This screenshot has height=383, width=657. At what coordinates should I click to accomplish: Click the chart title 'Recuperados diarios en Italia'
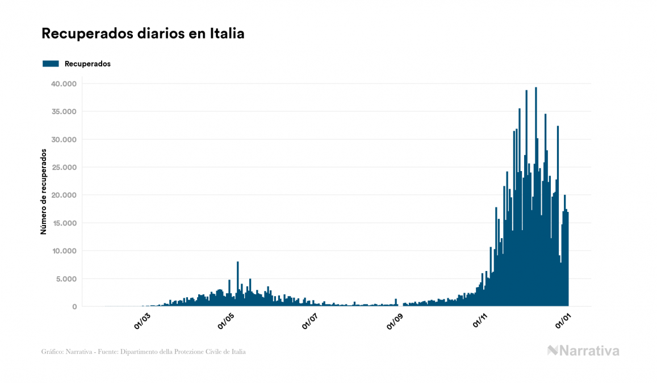143,34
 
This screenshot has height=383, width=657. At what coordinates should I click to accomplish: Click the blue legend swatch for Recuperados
51,64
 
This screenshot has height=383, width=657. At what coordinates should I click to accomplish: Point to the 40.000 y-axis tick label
64,84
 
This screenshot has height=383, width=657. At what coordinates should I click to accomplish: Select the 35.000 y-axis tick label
64,112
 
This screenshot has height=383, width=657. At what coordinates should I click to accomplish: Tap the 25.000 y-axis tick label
64,168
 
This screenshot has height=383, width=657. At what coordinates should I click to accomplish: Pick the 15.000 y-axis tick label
64,223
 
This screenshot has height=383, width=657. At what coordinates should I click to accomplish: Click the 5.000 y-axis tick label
66,279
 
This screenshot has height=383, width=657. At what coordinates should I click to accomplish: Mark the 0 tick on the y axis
74,307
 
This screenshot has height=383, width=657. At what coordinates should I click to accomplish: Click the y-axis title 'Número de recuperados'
44,191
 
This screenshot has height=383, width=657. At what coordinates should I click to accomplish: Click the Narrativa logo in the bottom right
583,351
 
